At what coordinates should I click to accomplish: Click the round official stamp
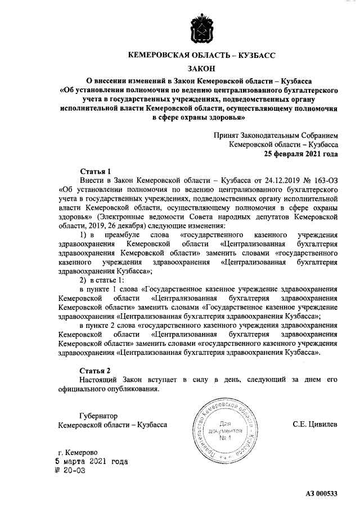[224, 429]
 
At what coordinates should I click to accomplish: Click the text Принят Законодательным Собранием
[276, 135]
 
